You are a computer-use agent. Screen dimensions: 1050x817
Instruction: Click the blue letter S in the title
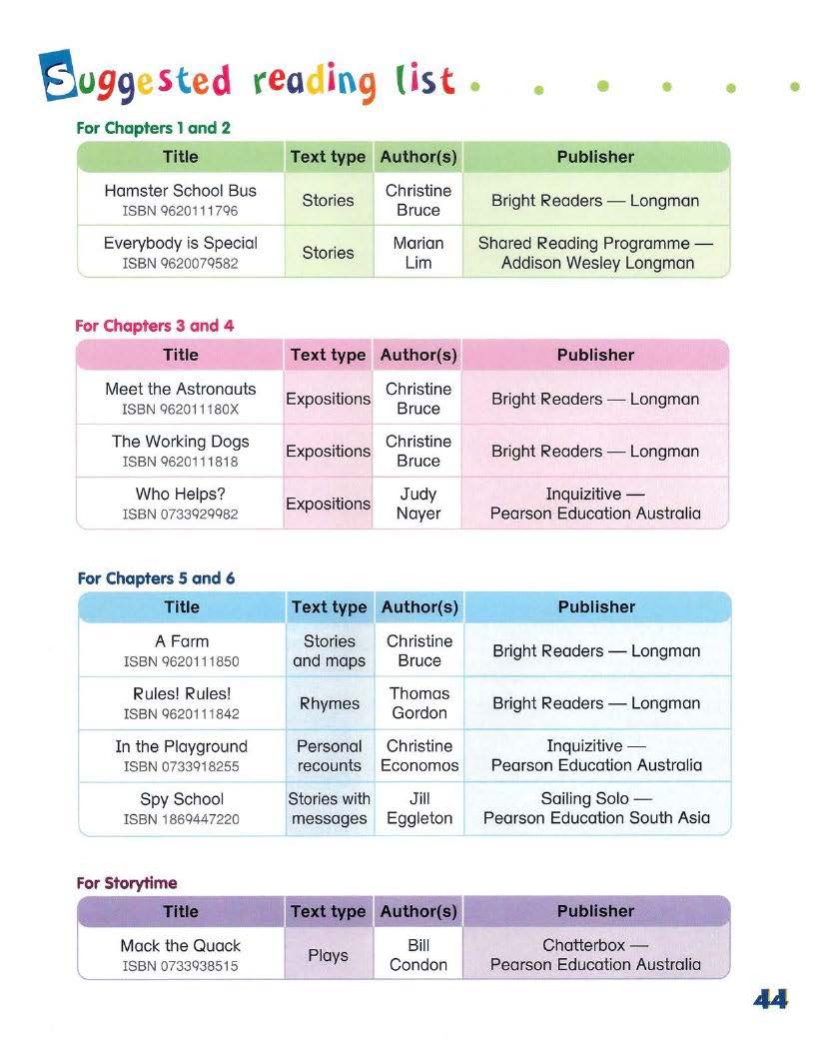[x=58, y=77]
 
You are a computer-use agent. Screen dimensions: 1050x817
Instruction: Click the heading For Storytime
[x=127, y=883]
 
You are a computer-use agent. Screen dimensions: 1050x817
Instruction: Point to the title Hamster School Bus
[x=180, y=191]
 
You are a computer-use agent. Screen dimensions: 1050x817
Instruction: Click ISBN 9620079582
[x=180, y=264]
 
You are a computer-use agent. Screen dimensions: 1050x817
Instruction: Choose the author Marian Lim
[x=417, y=253]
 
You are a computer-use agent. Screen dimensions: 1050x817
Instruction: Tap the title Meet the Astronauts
[x=180, y=389]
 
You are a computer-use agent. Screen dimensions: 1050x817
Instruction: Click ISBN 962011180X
[x=180, y=410]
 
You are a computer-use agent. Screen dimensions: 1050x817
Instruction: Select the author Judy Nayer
[x=417, y=504]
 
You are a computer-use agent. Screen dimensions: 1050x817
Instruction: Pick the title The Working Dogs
[x=180, y=442]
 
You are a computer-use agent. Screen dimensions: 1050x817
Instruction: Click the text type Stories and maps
[x=329, y=651]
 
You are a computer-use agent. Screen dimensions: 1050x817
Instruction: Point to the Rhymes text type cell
[x=329, y=703]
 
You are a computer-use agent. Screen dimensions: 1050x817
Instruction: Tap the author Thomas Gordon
[x=418, y=703]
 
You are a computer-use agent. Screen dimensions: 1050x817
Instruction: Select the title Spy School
[x=182, y=799]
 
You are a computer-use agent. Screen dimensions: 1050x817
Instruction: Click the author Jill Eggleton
[x=419, y=808]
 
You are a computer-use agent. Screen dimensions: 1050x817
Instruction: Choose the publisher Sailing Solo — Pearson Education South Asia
[x=596, y=808]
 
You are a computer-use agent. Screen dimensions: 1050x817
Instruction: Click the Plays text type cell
[x=328, y=955]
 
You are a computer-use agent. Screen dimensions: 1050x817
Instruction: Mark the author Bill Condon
[x=418, y=955]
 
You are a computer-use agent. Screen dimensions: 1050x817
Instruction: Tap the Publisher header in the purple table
[x=595, y=911]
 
